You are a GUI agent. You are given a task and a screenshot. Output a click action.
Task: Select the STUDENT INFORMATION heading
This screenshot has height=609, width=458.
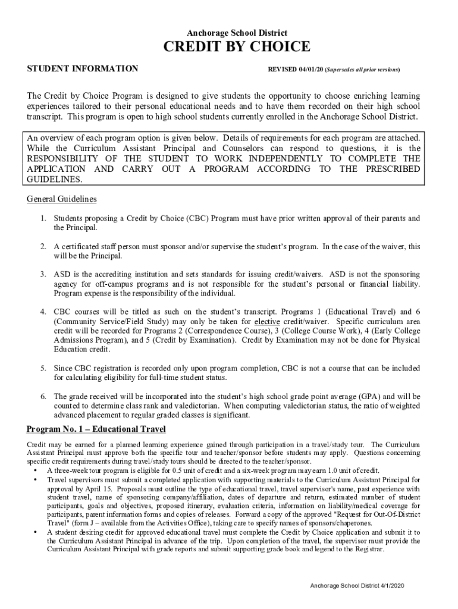point(83,69)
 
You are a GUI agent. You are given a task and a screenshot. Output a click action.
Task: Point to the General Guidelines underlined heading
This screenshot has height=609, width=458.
point(62,199)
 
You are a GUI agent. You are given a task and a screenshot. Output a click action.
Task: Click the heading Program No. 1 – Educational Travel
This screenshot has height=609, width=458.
point(96,429)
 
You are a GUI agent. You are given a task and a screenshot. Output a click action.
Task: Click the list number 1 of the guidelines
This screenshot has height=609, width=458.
point(43,219)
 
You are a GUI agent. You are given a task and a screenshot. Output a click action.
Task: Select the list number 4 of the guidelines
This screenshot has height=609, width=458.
point(43,312)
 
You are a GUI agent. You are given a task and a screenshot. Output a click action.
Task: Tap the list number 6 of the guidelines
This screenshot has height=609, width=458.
point(43,396)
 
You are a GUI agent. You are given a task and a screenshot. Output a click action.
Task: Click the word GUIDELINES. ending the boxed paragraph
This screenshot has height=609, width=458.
point(54,179)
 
